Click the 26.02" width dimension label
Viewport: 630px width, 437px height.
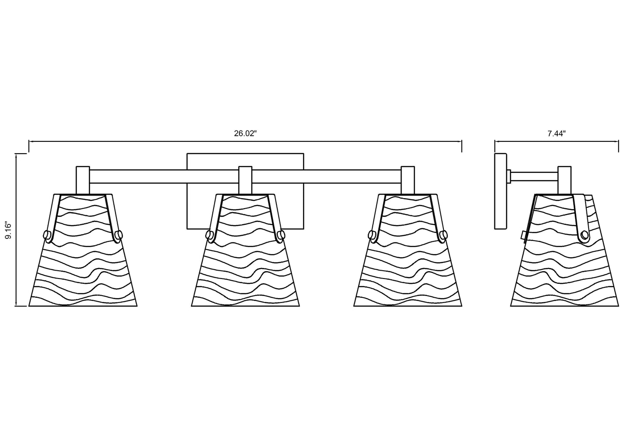click(245, 134)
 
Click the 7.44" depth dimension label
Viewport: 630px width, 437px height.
click(556, 134)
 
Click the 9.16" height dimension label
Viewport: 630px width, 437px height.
click(9, 231)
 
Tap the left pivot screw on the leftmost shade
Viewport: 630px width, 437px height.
click(47, 234)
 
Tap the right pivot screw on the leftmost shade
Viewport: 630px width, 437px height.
click(119, 234)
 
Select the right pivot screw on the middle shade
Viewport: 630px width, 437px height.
click(281, 234)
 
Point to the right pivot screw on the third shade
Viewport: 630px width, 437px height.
click(444, 234)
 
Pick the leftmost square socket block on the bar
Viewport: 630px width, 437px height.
click(83, 180)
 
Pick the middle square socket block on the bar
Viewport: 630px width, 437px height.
click(245, 180)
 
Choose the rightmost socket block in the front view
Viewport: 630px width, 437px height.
click(408, 180)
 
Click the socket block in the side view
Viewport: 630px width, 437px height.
click(565, 180)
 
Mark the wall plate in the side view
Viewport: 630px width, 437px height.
click(501, 191)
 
